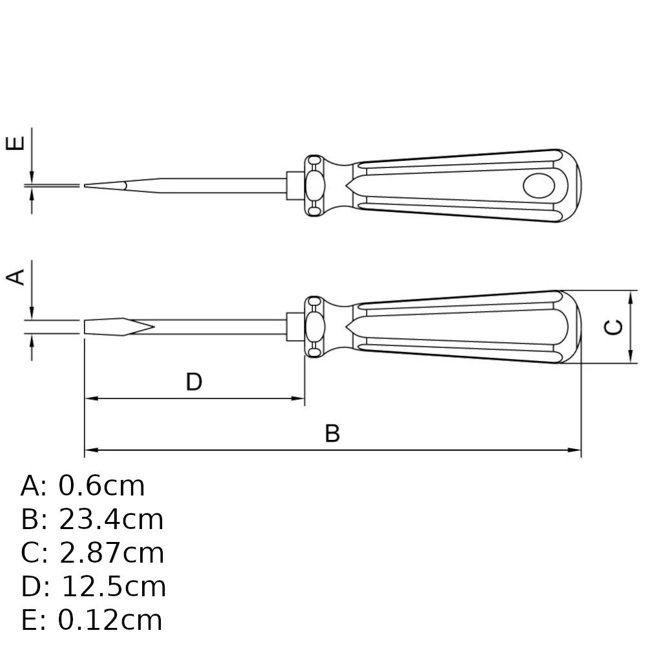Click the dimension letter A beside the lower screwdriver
(x=16, y=277)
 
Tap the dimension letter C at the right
(x=613, y=327)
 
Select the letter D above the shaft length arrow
(x=194, y=382)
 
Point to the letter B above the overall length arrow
(x=332, y=433)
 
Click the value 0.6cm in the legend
(x=101, y=486)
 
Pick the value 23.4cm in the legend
(x=111, y=519)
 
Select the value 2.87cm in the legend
(x=112, y=553)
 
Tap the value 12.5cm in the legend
(x=114, y=587)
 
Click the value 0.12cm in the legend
(x=110, y=620)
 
